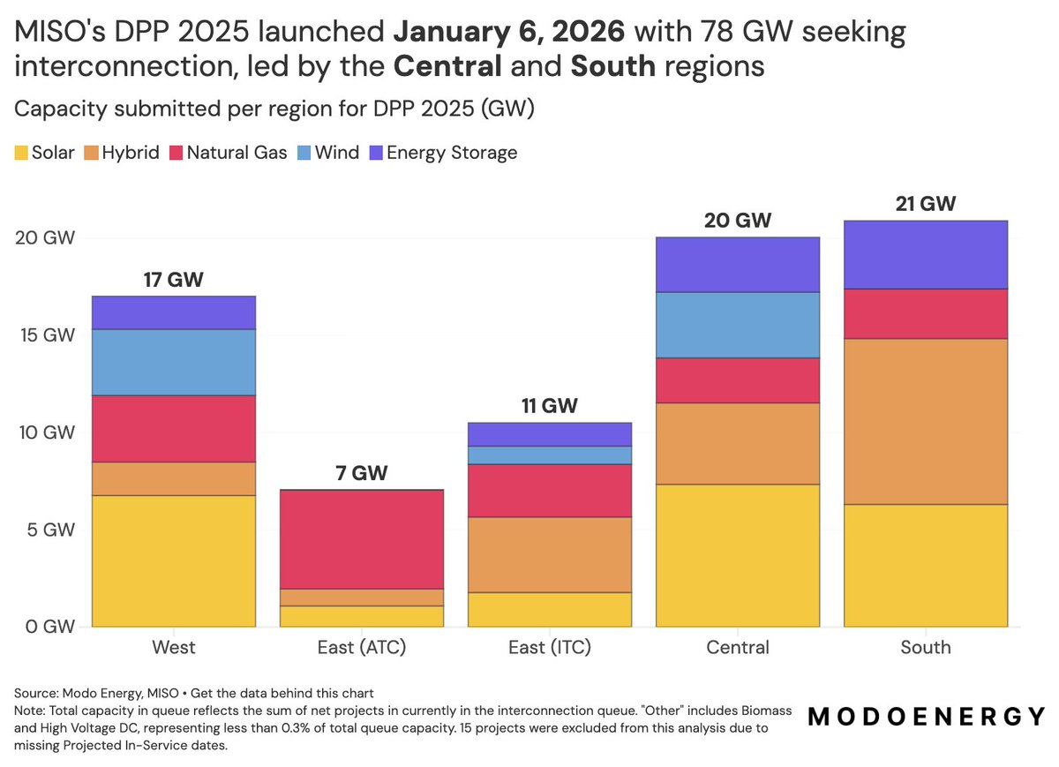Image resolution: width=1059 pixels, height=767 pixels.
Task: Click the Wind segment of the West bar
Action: [174, 363]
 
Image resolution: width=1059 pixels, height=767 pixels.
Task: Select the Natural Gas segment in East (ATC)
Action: [362, 539]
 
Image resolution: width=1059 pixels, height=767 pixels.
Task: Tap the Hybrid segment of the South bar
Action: [926, 422]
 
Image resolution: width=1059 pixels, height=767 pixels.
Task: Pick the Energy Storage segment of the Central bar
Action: [738, 265]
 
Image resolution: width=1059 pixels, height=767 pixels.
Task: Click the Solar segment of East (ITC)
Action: [550, 610]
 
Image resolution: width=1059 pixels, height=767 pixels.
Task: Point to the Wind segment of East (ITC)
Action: [550, 455]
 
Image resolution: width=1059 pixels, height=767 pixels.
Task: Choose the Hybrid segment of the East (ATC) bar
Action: [362, 598]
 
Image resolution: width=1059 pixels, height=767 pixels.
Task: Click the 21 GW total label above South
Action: [925, 204]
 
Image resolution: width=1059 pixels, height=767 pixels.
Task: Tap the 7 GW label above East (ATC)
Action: [362, 473]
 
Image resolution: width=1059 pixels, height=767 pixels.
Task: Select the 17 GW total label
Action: [174, 280]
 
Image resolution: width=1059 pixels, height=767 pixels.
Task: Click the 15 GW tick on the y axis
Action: [48, 335]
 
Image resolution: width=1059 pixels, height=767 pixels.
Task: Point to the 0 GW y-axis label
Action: [49, 627]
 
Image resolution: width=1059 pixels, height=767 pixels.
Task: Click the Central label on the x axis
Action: [738, 647]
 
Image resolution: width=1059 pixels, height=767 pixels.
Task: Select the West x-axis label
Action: [174, 647]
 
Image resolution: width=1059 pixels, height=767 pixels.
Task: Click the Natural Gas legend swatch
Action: [176, 153]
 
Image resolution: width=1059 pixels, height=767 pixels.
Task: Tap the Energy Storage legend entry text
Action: [452, 153]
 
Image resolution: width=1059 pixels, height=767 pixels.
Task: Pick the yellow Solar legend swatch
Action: [21, 153]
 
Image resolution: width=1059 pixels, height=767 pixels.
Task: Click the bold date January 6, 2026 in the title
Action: [509, 32]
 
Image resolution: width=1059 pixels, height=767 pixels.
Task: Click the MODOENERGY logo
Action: [926, 717]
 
